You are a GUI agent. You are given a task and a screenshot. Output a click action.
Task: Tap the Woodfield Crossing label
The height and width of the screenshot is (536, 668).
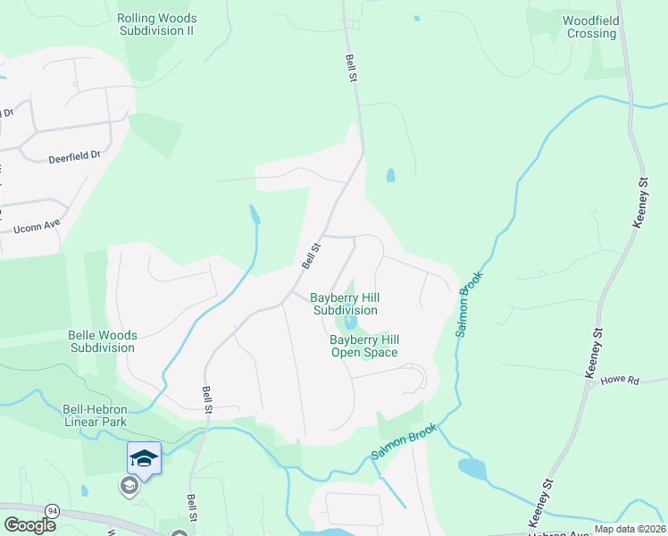coord(590,27)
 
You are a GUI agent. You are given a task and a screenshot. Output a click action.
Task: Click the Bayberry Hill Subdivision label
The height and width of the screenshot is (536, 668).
coord(345,304)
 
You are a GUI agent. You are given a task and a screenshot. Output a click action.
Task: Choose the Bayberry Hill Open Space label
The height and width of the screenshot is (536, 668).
coord(363,346)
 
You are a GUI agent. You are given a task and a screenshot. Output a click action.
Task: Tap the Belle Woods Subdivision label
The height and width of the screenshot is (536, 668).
coord(103,341)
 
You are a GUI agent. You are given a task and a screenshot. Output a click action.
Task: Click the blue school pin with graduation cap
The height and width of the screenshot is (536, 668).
coord(144,459)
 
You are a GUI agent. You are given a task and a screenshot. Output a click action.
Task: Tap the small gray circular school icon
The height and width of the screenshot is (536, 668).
coord(129,486)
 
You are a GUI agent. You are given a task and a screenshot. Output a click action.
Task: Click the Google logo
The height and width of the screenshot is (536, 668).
coord(30,525)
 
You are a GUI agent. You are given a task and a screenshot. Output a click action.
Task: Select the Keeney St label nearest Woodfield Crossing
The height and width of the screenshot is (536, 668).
coord(639,203)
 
